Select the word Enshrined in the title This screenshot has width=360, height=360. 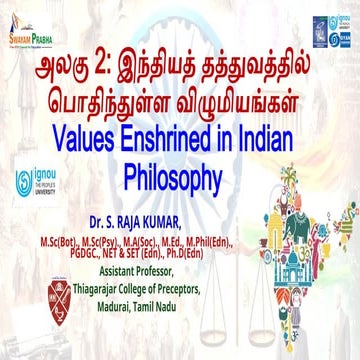[186, 145]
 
